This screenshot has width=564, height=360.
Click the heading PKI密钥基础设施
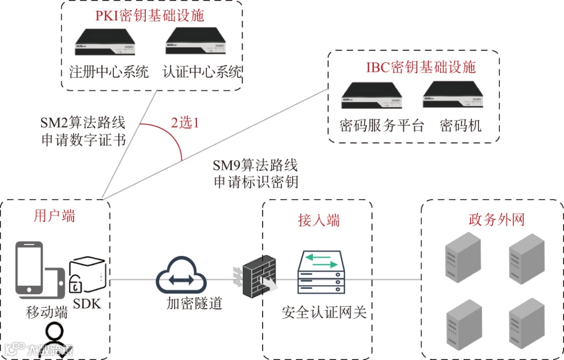149,15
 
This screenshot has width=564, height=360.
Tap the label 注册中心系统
109,71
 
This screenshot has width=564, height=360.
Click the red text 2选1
185,123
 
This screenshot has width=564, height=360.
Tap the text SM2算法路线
83,123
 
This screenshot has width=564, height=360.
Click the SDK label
87,303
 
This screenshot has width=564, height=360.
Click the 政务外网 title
496,219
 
